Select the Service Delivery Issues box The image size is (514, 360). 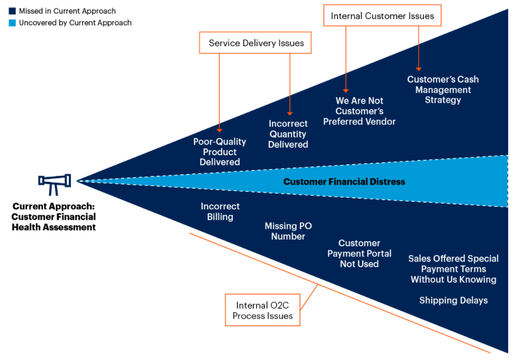tap(255, 43)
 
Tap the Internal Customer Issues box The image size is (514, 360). tap(382, 16)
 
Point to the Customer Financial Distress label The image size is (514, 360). tap(344, 182)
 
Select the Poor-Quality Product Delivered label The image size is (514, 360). tap(219, 152)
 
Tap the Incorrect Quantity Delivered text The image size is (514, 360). tap(288, 134)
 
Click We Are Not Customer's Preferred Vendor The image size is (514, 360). tap(359, 111)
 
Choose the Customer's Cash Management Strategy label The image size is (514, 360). tap(442, 90)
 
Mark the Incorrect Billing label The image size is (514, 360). tap(220, 212)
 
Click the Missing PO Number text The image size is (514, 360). tap(288, 231)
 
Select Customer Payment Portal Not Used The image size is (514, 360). tap(359, 253)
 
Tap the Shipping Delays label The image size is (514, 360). tap(453, 301)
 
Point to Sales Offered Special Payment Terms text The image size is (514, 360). tap(454, 269)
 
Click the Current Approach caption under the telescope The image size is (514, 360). tap(54, 217)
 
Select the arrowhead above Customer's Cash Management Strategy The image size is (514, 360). tap(419, 68)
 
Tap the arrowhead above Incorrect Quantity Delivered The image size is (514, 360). tap(289, 112)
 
